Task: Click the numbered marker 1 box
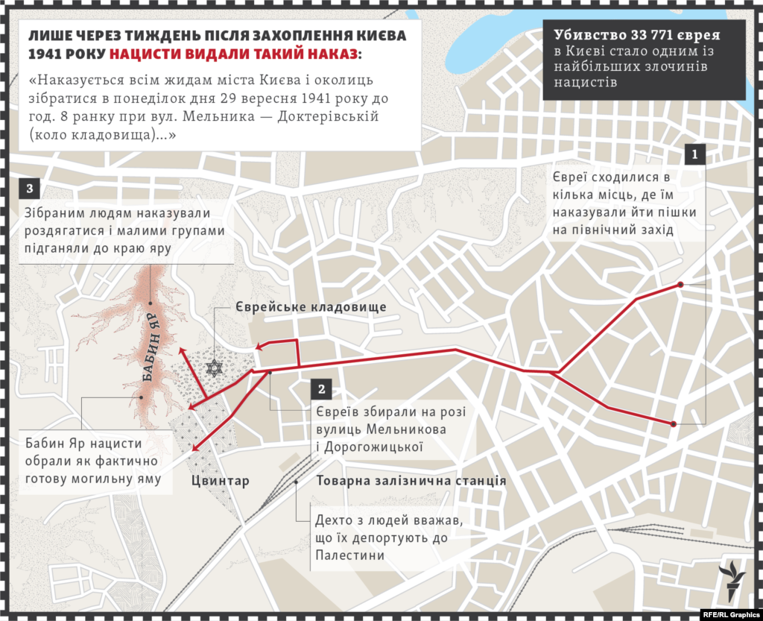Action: (x=694, y=155)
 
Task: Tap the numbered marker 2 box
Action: (x=321, y=389)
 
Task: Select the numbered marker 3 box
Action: (x=28, y=187)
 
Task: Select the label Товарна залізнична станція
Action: (x=411, y=481)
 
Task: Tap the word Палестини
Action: (x=350, y=555)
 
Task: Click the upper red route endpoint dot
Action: (x=680, y=285)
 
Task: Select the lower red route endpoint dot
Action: (x=673, y=424)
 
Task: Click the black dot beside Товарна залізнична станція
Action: (x=297, y=482)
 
